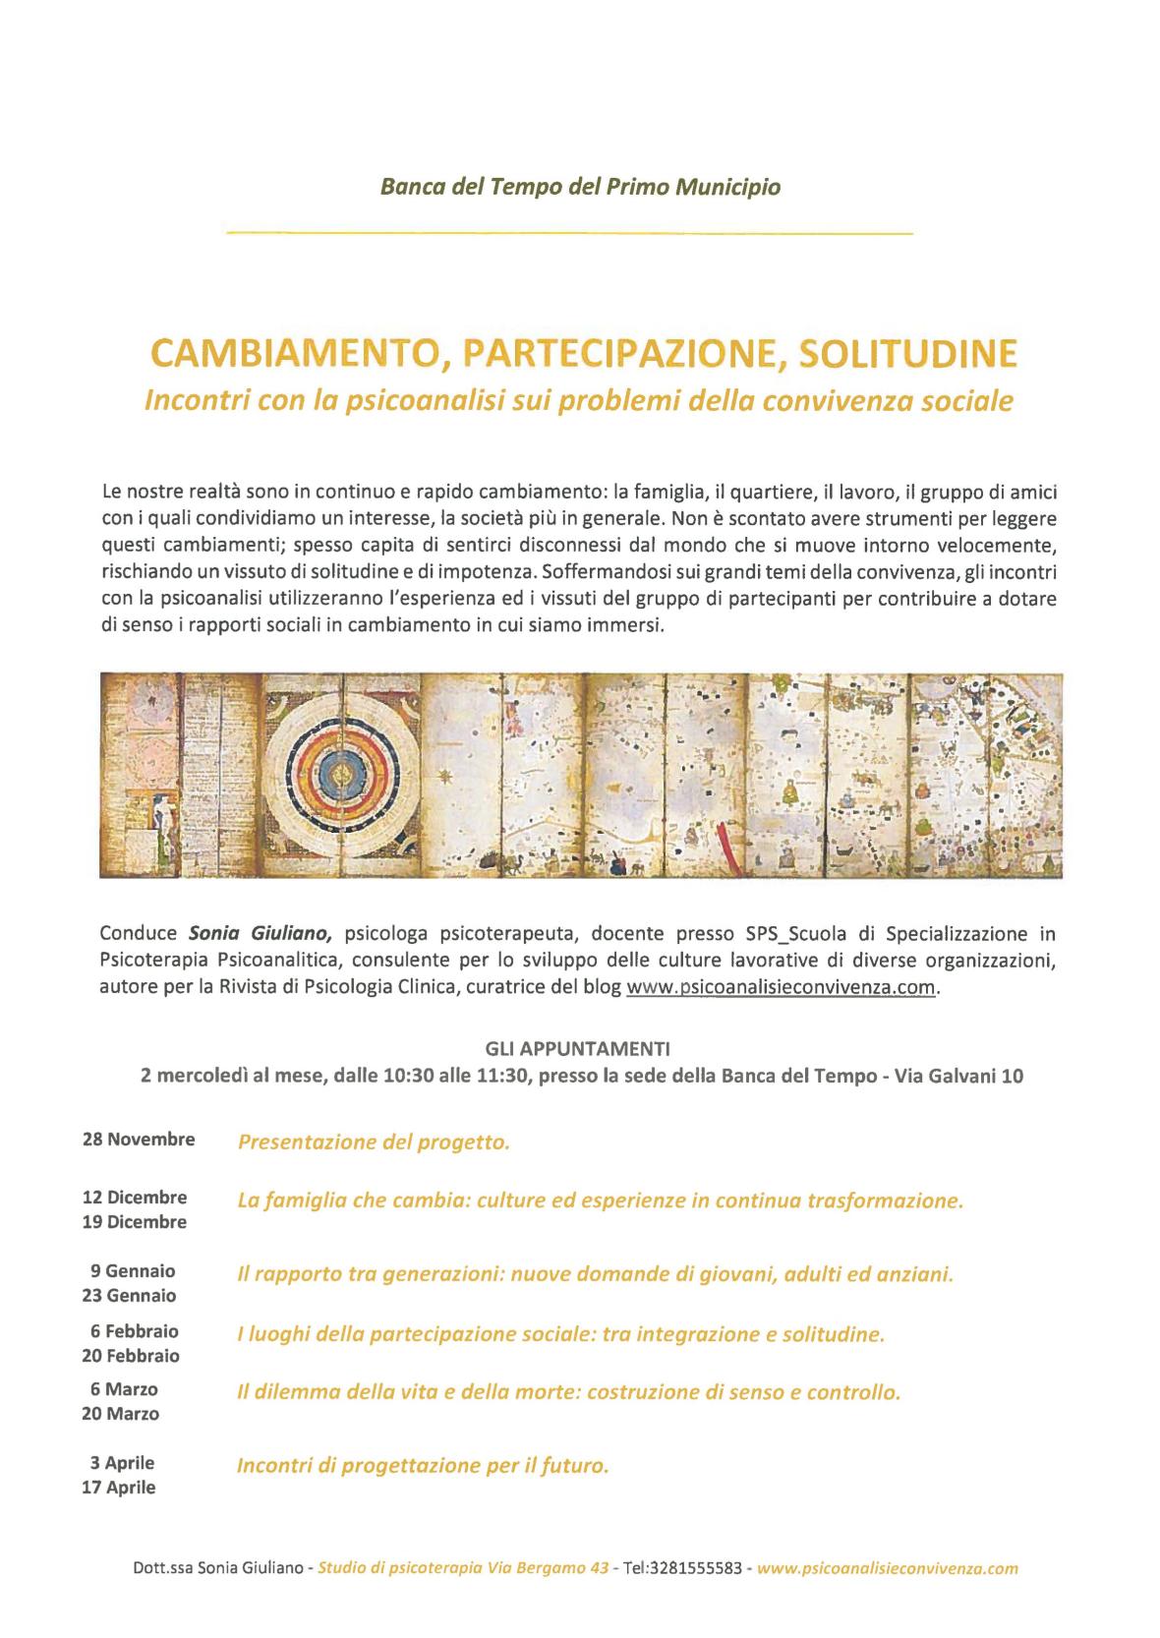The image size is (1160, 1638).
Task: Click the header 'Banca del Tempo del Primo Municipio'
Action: [x=580, y=186]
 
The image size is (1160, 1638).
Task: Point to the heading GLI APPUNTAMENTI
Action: [x=580, y=1049]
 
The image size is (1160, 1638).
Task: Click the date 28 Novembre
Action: [x=139, y=1140]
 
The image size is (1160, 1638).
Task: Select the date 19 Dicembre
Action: [x=135, y=1222]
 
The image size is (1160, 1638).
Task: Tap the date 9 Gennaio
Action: [x=133, y=1271]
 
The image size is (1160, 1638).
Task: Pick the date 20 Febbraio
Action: [x=132, y=1356]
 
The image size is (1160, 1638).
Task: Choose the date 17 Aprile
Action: [x=119, y=1488]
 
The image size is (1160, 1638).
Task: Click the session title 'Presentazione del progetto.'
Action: [x=374, y=1141]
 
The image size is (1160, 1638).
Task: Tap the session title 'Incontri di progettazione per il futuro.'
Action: [x=423, y=1466]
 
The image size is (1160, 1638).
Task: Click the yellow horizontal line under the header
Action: [x=570, y=233]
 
